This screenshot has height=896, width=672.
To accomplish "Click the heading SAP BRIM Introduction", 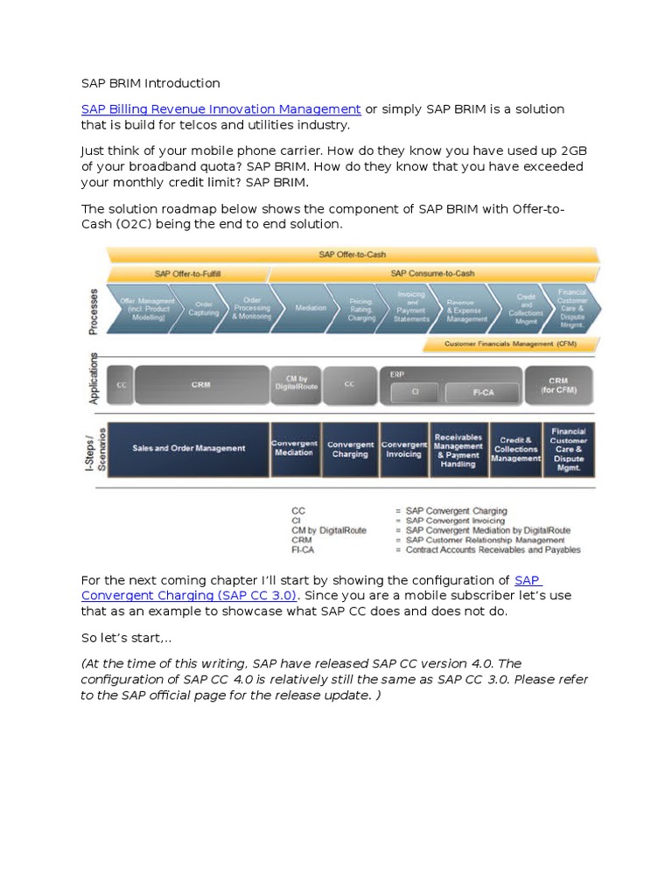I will [x=150, y=83].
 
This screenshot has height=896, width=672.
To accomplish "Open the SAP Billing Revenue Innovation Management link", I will [x=220, y=109].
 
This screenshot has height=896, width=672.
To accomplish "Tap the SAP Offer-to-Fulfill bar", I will [x=187, y=274].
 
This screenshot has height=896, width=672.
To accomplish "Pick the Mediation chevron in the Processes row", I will [x=311, y=308].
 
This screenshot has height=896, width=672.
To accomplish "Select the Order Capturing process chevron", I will [x=203, y=309].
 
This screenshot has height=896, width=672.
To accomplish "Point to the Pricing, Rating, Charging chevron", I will [x=360, y=308].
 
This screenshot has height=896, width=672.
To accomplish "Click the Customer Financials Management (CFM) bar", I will [x=510, y=345].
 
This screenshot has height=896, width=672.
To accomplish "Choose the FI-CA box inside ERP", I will [x=483, y=392].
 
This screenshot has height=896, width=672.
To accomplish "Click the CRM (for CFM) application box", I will [x=558, y=384].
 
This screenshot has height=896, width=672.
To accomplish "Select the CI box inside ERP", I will [x=416, y=392].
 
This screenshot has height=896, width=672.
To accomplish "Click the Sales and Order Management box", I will [x=188, y=449].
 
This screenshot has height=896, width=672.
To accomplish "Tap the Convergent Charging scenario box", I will [x=349, y=449].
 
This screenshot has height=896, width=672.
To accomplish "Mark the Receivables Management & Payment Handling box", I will [x=458, y=449].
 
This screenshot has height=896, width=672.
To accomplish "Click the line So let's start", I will [x=125, y=637].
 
